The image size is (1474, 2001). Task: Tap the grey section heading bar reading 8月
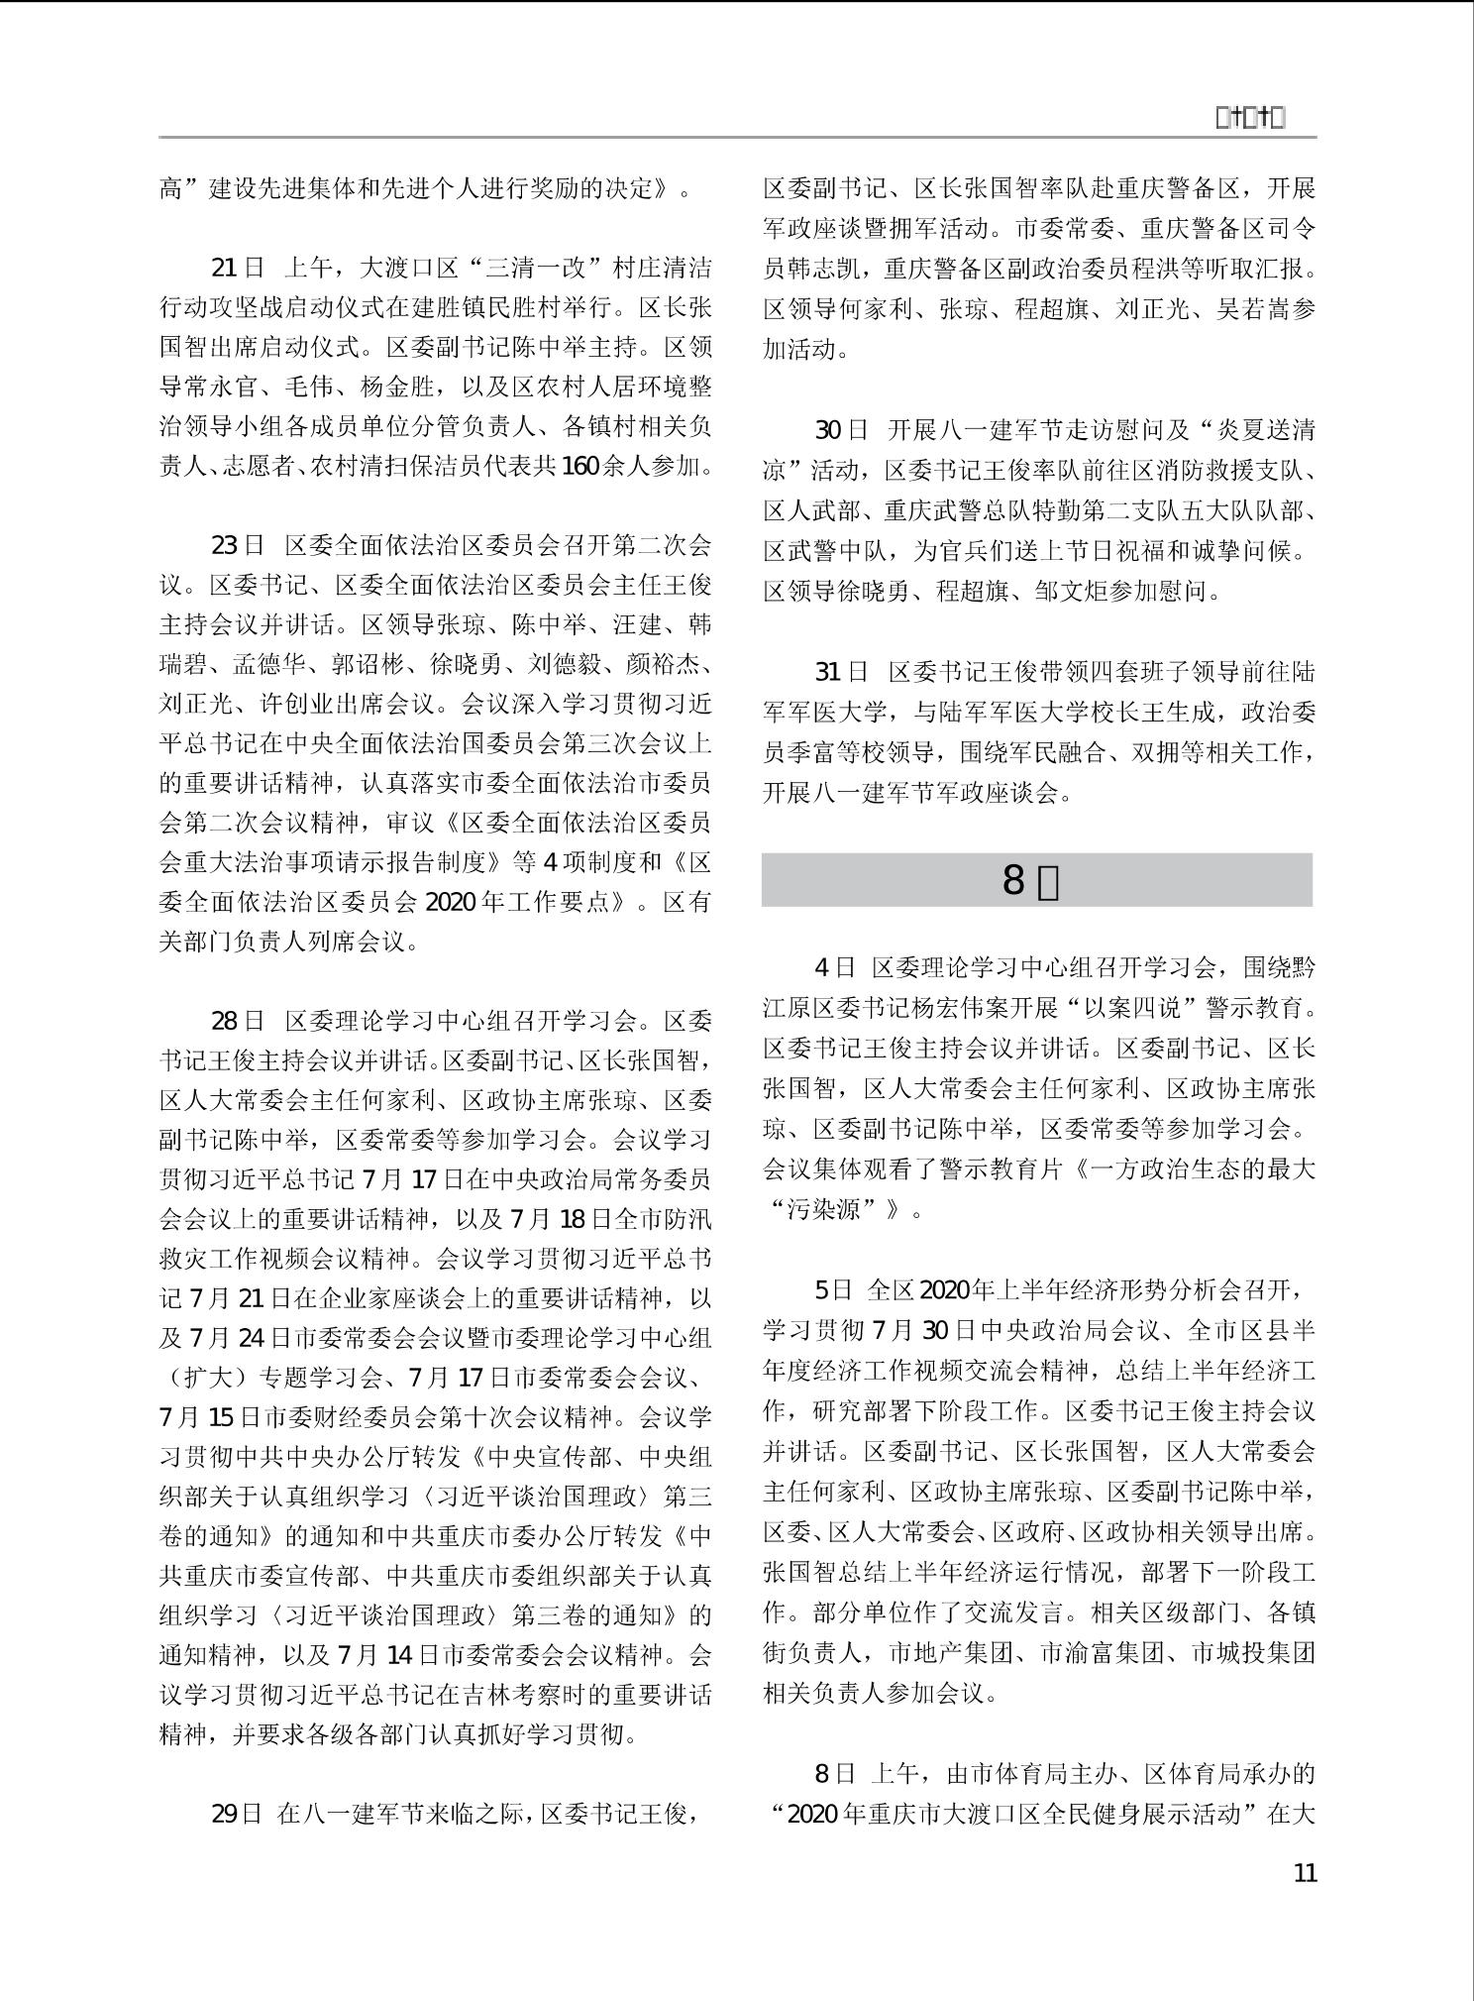point(1036,880)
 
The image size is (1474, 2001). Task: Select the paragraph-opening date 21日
point(238,268)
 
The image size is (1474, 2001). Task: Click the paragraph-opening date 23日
point(238,545)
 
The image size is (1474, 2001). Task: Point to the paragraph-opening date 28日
point(238,1021)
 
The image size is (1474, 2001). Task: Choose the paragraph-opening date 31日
point(841,672)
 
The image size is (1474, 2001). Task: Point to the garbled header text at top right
point(1250,118)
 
